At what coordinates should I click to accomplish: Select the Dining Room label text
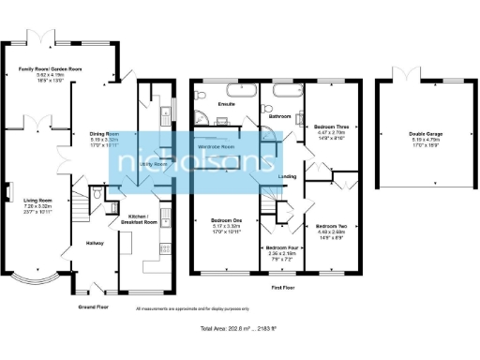pyautogui.click(x=105, y=134)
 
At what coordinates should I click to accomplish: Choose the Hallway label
pyautogui.click(x=96, y=244)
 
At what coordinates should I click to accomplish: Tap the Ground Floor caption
pyautogui.click(x=94, y=307)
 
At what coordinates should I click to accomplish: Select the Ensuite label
pyautogui.click(x=226, y=102)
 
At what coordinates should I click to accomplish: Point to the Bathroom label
pyautogui.click(x=279, y=116)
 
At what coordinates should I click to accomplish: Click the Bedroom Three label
pyautogui.click(x=331, y=126)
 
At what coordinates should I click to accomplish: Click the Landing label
pyautogui.click(x=289, y=175)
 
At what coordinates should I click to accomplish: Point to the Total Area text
pyautogui.click(x=240, y=331)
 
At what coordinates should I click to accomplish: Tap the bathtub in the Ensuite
pyautogui.click(x=229, y=92)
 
